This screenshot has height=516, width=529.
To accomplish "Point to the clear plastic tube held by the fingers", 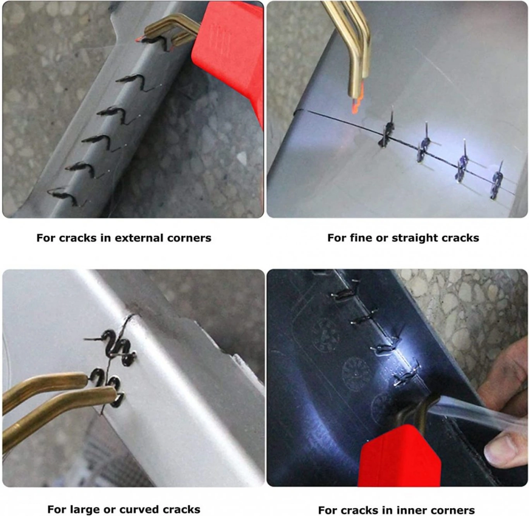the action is (x=462, y=408).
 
